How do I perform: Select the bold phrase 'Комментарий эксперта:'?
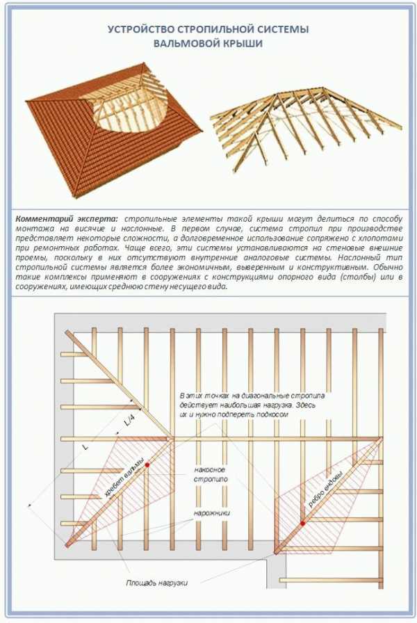click(x=67, y=219)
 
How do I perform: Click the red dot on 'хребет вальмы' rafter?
click(x=147, y=464)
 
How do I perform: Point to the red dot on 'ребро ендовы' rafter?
click(x=302, y=524)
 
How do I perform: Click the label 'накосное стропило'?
click(x=211, y=474)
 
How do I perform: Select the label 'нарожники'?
click(x=212, y=513)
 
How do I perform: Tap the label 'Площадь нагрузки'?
click(x=157, y=583)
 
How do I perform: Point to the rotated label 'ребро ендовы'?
click(x=324, y=491)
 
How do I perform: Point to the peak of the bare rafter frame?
click(x=322, y=88)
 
